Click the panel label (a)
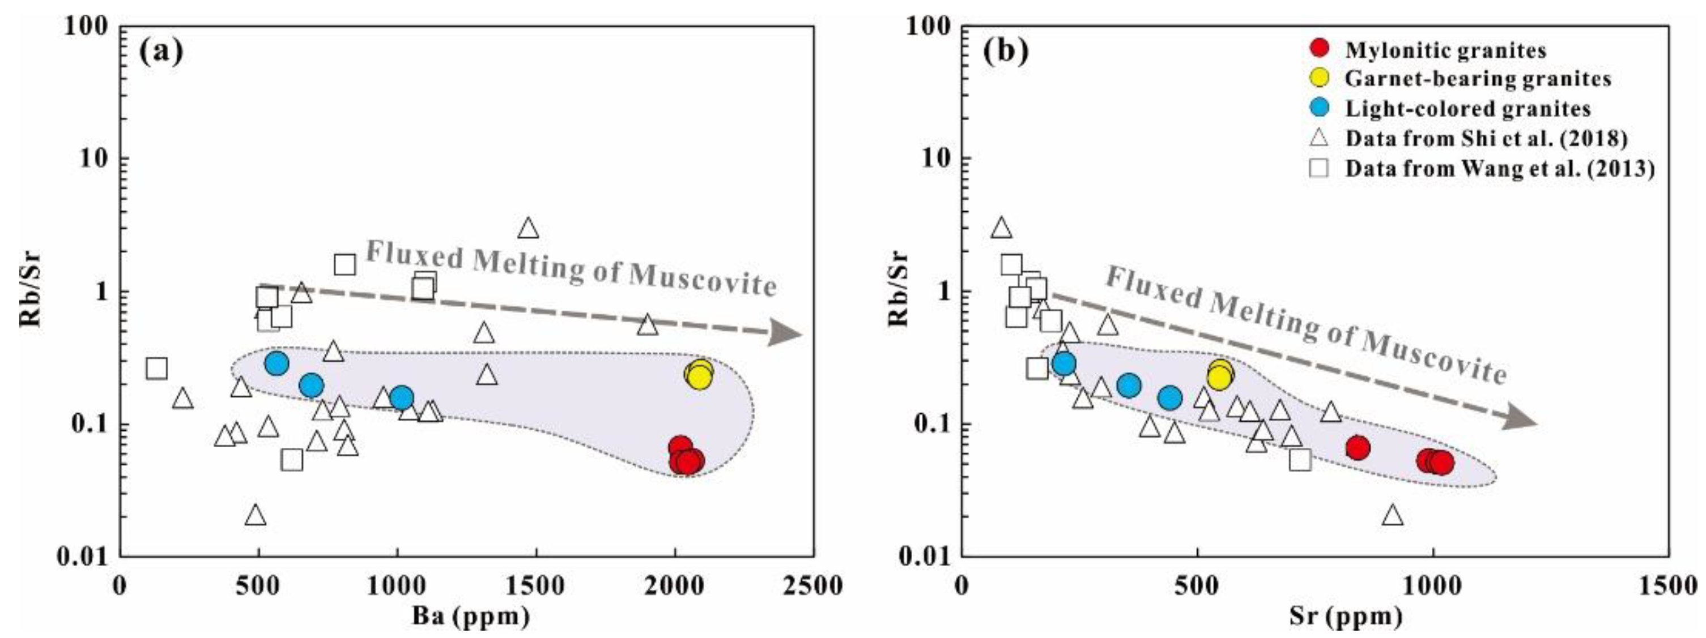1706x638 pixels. pyautogui.click(x=161, y=52)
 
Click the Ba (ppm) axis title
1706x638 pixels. pyautogui.click(x=471, y=618)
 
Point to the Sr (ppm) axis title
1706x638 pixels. pyautogui.click(x=1346, y=618)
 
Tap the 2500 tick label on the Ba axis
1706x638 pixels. pyautogui.click(x=812, y=586)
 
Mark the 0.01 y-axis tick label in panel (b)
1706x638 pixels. pyautogui.click(x=924, y=556)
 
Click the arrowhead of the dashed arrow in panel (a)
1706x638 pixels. pyautogui.click(x=785, y=333)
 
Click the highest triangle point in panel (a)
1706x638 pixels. pyautogui.click(x=528, y=228)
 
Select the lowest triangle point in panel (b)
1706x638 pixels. pyautogui.click(x=1393, y=515)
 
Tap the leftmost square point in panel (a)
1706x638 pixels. pyautogui.click(x=156, y=368)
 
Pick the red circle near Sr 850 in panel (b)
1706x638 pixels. pyautogui.click(x=1358, y=448)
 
